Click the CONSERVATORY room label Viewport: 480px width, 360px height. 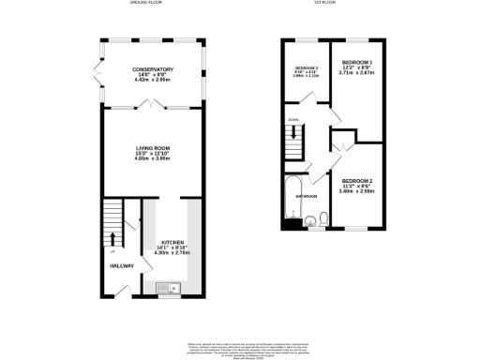click(154, 69)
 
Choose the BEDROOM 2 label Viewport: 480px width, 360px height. click(356, 180)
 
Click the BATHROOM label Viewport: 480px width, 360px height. click(307, 196)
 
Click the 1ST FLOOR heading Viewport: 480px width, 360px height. click(324, 4)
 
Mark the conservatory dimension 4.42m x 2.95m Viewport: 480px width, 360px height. click(154, 81)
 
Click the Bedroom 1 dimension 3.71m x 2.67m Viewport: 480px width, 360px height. click(356, 73)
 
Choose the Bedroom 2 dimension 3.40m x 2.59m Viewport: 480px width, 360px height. click(356, 191)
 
